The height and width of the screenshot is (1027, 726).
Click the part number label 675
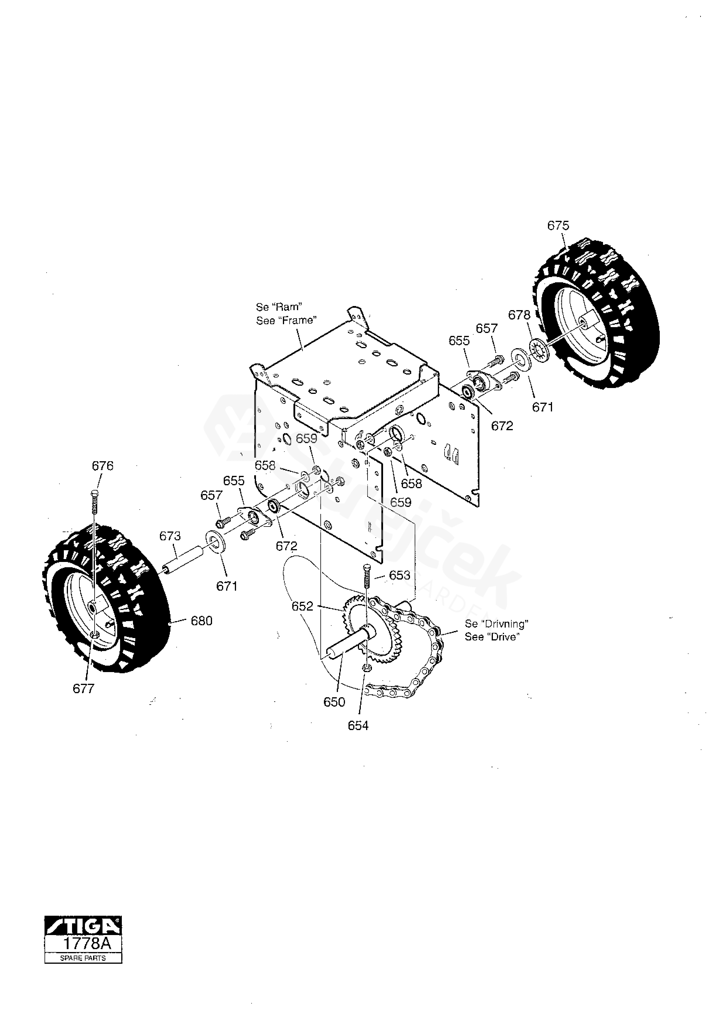558,225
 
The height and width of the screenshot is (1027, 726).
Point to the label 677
84,688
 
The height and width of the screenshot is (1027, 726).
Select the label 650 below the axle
334,702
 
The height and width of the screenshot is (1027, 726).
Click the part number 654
358,726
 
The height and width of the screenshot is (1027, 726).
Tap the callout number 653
399,575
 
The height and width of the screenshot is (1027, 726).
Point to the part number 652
303,606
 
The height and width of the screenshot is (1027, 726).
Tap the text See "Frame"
286,320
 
